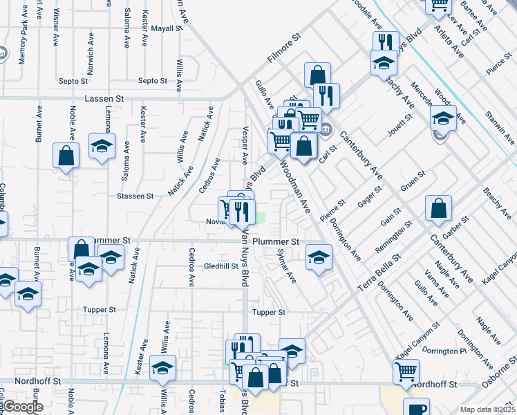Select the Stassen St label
[135, 196]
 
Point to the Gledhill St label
[220, 266]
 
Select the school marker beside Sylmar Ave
[317, 257]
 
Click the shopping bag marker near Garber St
[439, 207]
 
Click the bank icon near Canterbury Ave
[326, 127]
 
